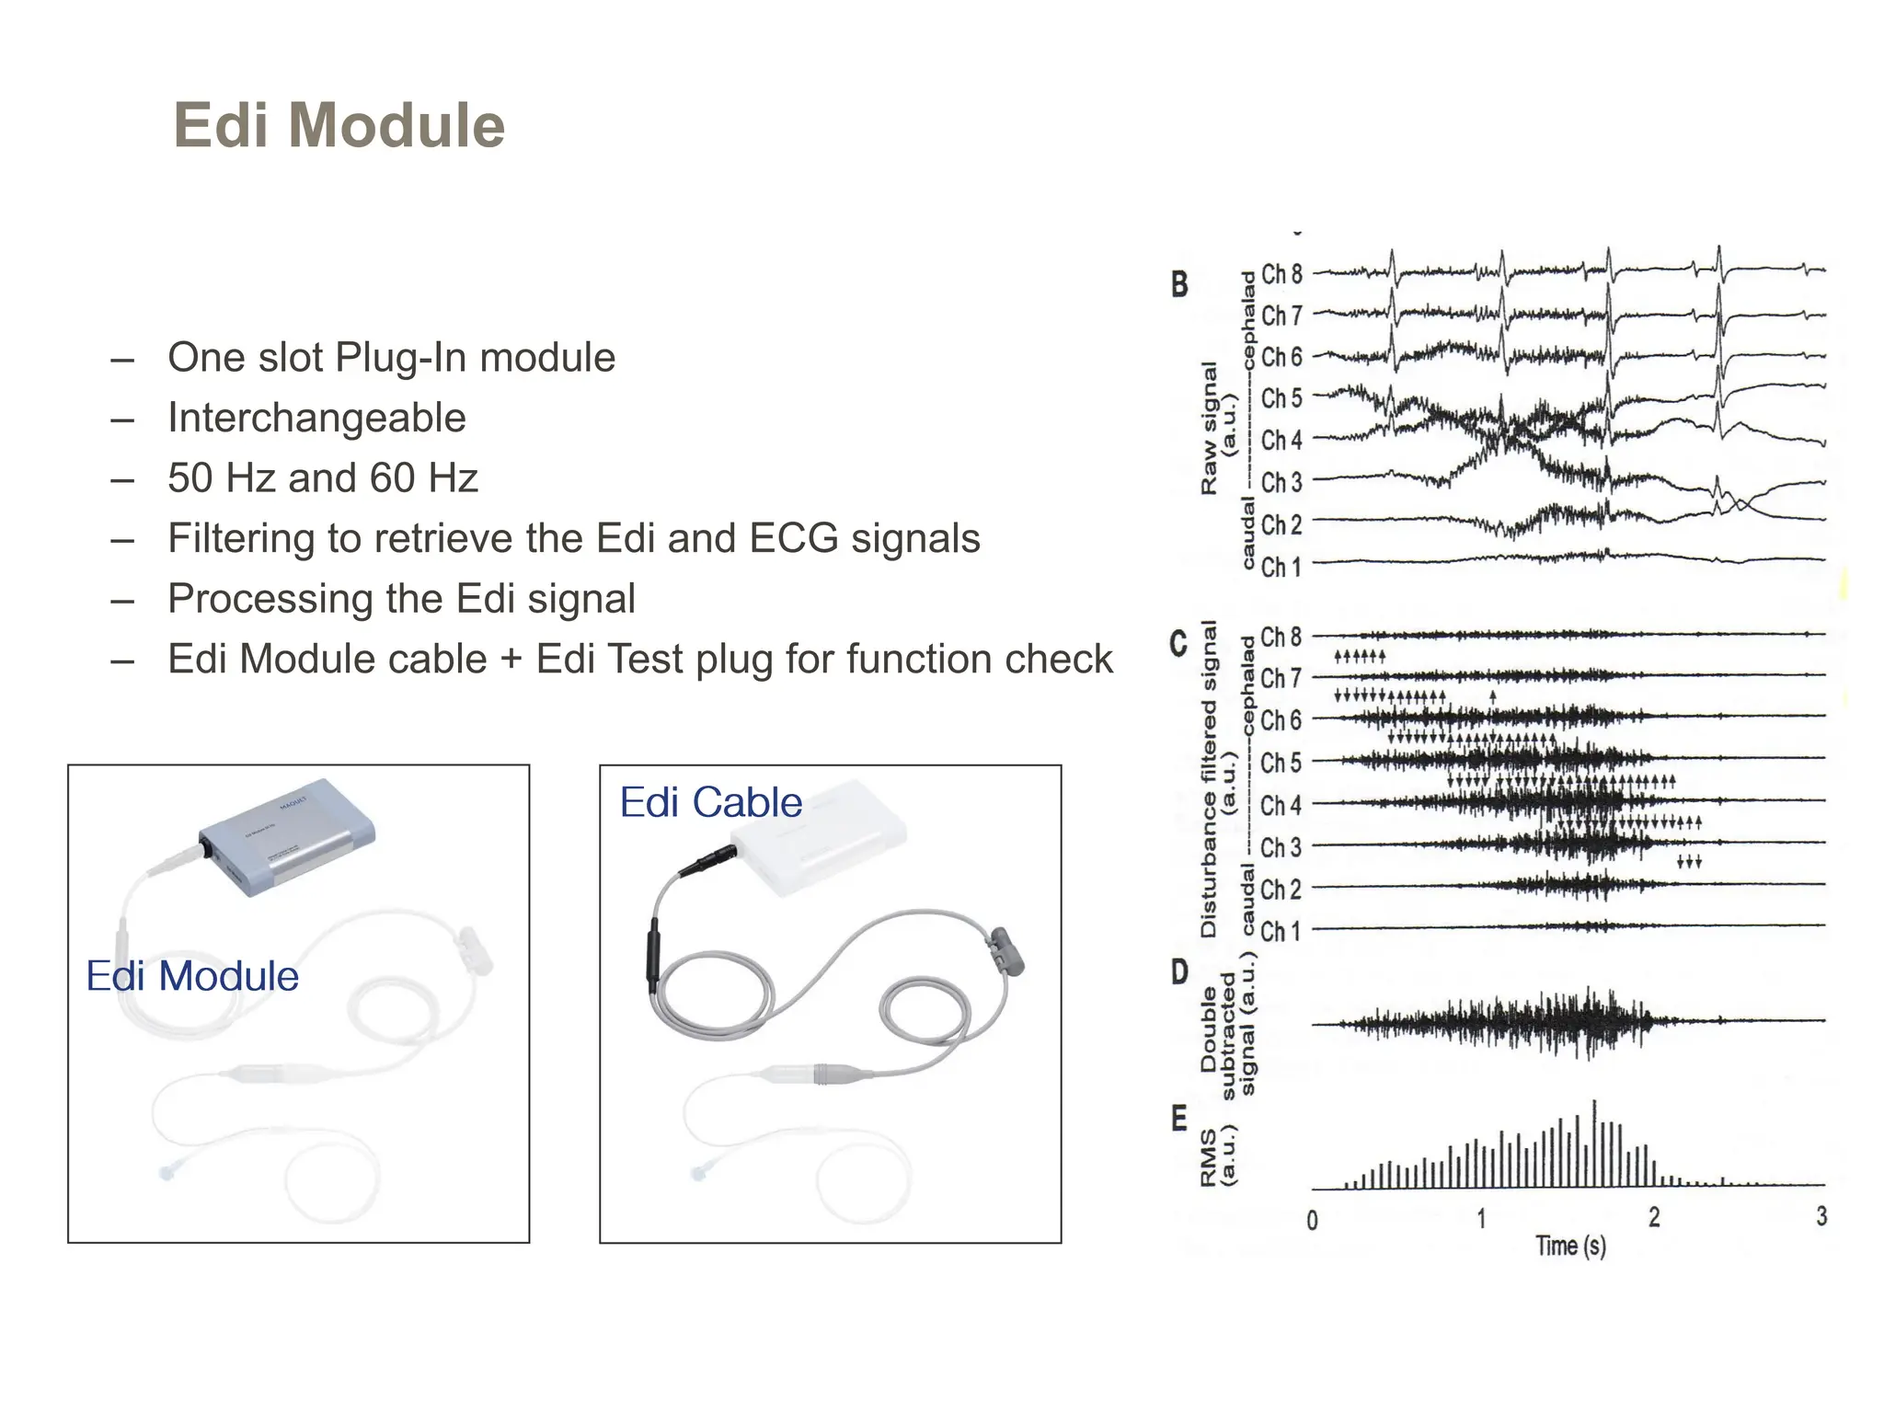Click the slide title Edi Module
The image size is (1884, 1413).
[339, 125]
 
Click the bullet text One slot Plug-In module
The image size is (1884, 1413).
[391, 357]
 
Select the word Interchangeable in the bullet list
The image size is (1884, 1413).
[316, 418]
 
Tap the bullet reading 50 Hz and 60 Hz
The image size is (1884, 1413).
[322, 478]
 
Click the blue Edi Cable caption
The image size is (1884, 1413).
[710, 802]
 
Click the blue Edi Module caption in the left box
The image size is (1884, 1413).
[192, 976]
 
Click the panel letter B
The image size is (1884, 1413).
[1179, 284]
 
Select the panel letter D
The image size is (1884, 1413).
[1179, 972]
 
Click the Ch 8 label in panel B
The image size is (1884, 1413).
[1281, 274]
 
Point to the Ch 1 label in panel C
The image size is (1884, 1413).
[1281, 931]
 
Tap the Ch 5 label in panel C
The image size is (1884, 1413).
[1281, 763]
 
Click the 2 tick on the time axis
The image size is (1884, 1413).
[1654, 1218]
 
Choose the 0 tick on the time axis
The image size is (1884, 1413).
[1312, 1221]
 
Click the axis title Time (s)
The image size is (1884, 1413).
[1570, 1246]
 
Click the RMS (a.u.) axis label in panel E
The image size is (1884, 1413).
[1218, 1156]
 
